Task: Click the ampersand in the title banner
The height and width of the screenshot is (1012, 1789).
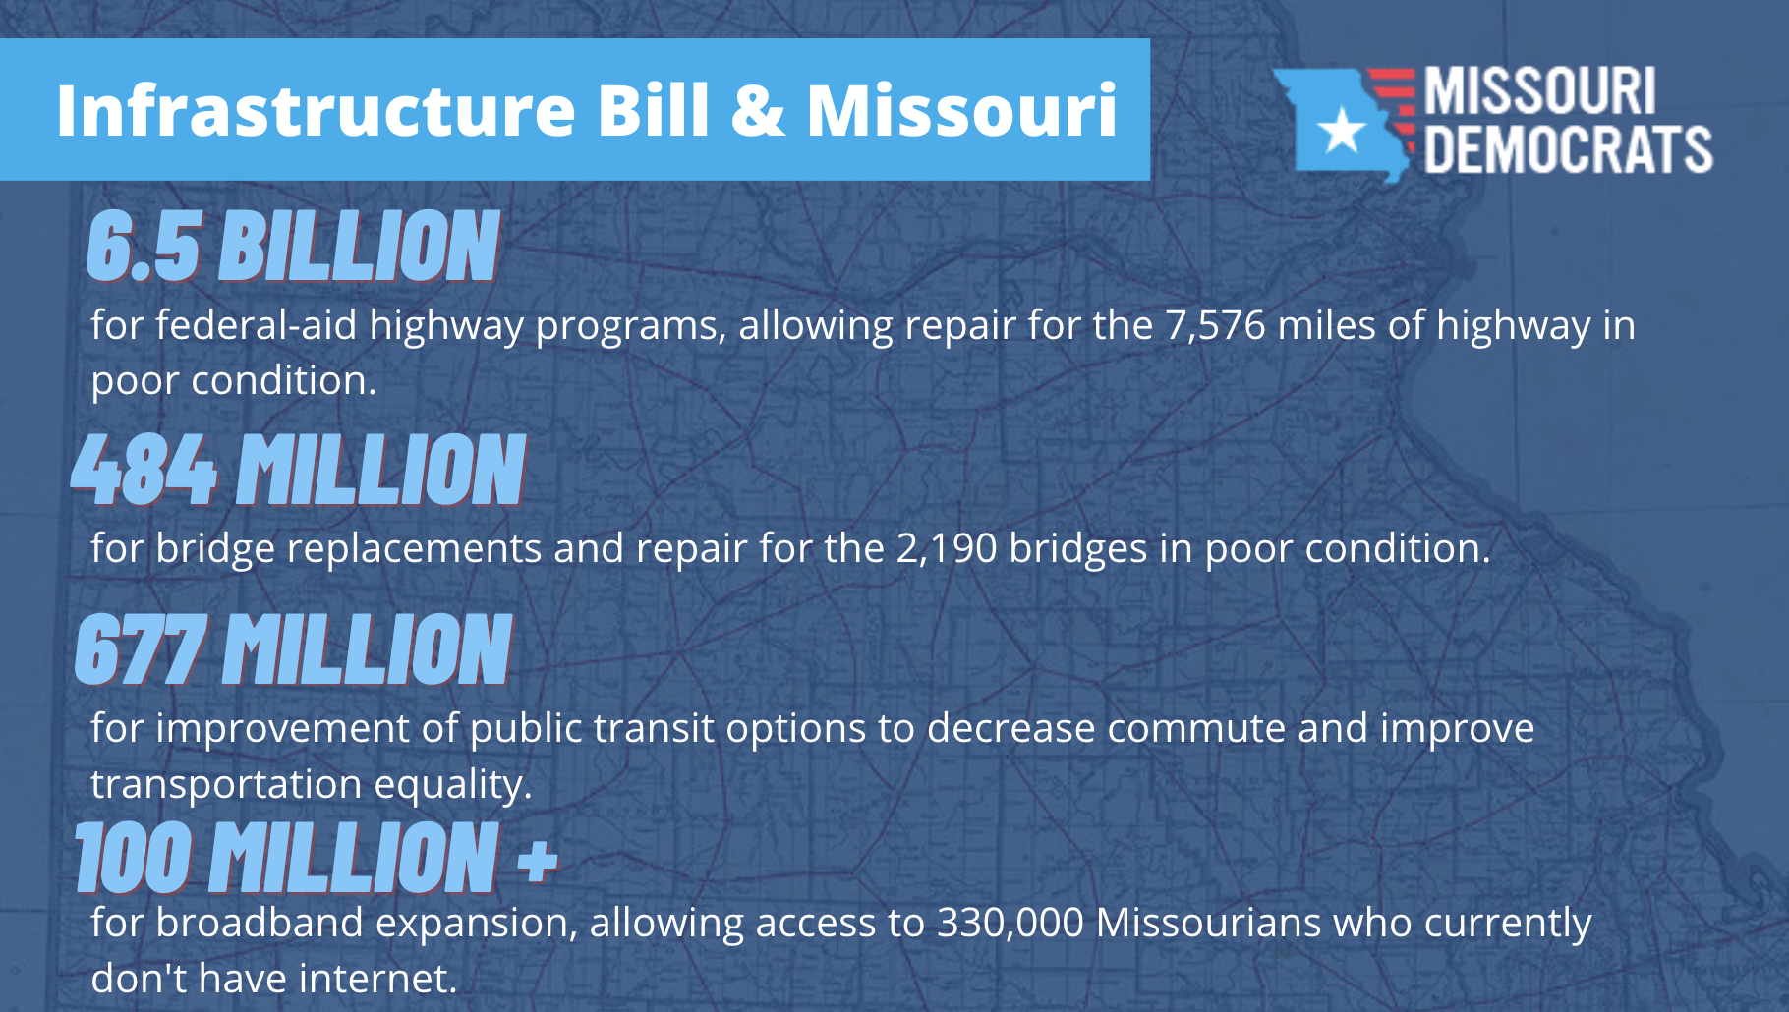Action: [x=758, y=109]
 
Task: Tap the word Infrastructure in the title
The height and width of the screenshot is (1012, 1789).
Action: [x=316, y=109]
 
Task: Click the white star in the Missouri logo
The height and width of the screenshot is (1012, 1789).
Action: [x=1341, y=129]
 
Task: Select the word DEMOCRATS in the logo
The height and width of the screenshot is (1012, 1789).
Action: [x=1568, y=149]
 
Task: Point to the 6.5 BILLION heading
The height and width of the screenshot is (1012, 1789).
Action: [x=293, y=246]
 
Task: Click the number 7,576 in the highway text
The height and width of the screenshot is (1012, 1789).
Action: [x=1215, y=325]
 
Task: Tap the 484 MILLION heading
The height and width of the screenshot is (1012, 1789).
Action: [x=299, y=470]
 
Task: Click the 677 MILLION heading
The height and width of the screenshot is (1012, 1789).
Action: [x=293, y=648]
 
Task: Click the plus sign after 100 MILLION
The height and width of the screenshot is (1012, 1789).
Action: [x=537, y=861]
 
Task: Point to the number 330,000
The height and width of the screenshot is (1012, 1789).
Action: [x=1010, y=924]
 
